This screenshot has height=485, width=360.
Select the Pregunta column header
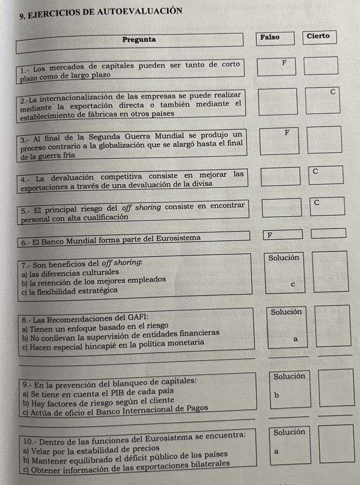coord(139,39)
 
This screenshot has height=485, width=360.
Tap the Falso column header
coord(270,37)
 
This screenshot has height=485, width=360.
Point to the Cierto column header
coord(318,35)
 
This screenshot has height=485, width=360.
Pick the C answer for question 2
coord(332,92)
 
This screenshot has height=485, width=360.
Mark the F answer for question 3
coord(287,133)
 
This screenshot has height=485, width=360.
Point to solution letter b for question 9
coord(277,395)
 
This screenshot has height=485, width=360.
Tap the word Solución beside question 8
coord(286,312)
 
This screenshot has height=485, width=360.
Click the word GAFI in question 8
coord(137,316)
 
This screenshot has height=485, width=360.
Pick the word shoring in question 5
coord(148,205)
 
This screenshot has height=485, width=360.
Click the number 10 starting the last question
coord(28,442)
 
